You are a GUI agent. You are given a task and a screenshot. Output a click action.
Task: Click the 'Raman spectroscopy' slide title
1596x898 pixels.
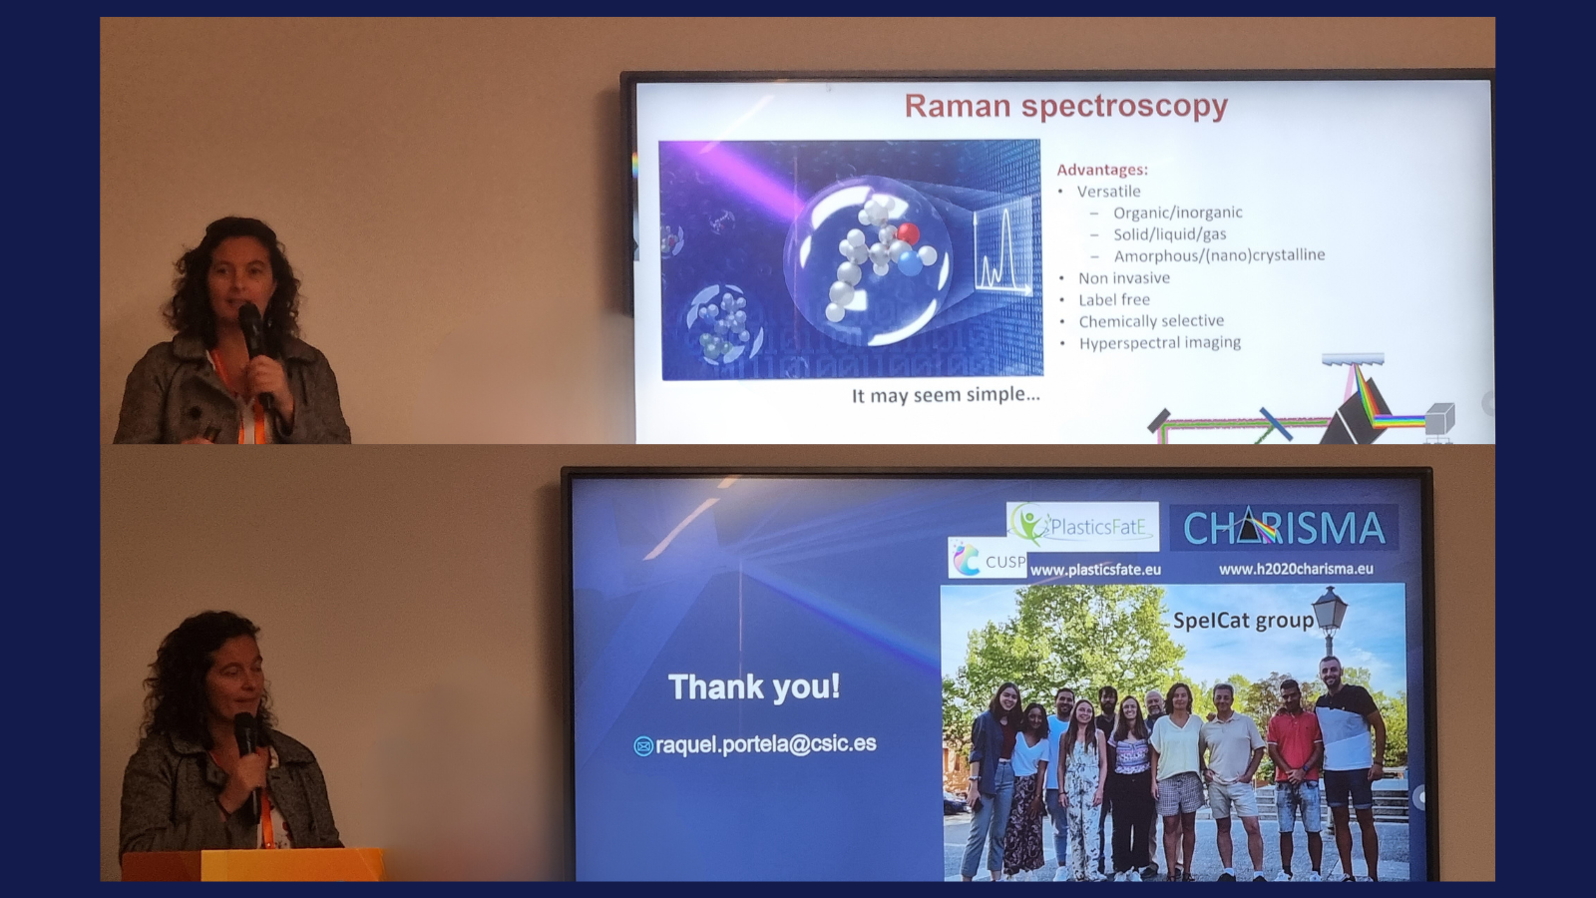(x=1066, y=106)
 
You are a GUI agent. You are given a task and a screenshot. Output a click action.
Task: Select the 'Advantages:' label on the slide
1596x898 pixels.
(x=1102, y=170)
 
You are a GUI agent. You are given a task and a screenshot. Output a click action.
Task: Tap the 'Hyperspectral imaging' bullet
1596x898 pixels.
(x=1160, y=343)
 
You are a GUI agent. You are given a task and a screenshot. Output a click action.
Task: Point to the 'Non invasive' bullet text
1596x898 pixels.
(x=1124, y=278)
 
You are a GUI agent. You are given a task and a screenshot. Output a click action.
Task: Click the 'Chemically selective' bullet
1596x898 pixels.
(x=1151, y=320)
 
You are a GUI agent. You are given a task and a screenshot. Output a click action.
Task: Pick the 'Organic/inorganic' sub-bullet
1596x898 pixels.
(x=1178, y=213)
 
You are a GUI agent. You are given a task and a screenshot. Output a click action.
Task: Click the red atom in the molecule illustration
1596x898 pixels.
(x=908, y=233)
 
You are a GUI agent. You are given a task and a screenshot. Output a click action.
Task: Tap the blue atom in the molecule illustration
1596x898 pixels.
(x=910, y=263)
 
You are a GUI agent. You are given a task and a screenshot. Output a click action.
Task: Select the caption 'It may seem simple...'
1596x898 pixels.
(x=946, y=395)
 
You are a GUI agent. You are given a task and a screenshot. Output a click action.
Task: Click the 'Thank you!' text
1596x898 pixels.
(x=754, y=687)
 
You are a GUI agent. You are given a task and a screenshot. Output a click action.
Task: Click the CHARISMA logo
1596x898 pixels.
(x=1284, y=528)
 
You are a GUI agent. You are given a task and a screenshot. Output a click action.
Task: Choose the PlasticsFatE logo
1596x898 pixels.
(x=1082, y=526)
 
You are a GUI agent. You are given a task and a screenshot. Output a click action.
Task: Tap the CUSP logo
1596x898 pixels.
(x=988, y=559)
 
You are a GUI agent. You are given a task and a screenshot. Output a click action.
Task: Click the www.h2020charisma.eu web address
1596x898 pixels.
(x=1296, y=569)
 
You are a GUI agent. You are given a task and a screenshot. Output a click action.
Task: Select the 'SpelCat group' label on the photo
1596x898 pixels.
(x=1243, y=620)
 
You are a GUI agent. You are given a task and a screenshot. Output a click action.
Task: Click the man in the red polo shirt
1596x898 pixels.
(x=1294, y=777)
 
